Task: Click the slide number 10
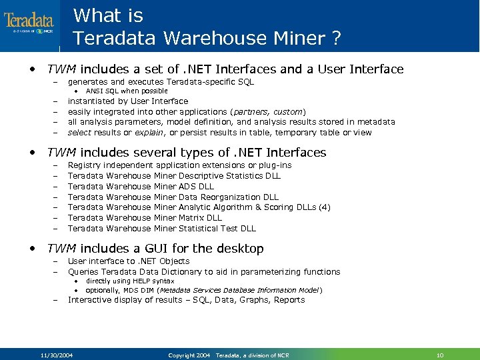tap(439, 355)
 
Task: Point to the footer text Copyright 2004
tap(190, 355)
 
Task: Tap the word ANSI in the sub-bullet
tap(95, 91)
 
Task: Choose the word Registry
tap(84, 165)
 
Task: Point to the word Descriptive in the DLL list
tap(205, 176)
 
